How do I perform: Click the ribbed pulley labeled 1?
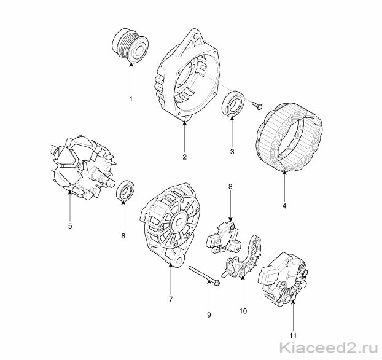(x=130, y=46)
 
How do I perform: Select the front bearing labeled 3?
(x=233, y=104)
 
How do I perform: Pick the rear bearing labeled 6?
(x=125, y=190)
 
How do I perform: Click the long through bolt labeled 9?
(x=204, y=275)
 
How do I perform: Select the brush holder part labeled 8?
(x=224, y=237)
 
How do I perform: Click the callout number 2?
(x=184, y=157)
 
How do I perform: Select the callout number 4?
(x=284, y=206)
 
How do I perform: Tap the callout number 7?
(x=171, y=299)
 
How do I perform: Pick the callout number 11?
(x=293, y=335)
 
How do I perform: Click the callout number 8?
(x=230, y=187)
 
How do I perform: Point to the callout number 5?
(x=70, y=226)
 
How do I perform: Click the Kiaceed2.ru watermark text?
(x=329, y=347)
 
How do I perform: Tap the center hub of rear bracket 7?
(x=179, y=222)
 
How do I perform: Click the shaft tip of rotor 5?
(x=112, y=182)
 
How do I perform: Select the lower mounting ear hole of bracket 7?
(x=181, y=261)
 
